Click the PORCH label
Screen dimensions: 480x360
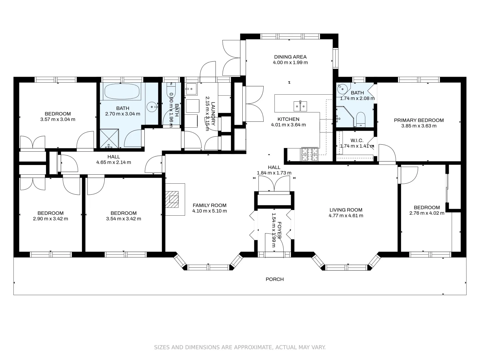tap(275, 279)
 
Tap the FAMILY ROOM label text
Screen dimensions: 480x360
tap(209, 205)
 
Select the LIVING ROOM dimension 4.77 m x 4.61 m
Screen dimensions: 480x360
tap(346, 216)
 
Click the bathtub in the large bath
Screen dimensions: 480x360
tap(122, 92)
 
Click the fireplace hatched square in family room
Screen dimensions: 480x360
tap(172, 199)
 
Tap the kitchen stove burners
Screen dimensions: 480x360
tap(310, 154)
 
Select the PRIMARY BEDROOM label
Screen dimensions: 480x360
tap(419, 120)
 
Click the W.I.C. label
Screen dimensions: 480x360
tap(357, 140)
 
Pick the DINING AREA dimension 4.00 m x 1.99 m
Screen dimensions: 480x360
tap(290, 63)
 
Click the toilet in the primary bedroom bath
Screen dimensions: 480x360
tap(361, 120)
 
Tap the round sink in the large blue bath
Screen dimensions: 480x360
tap(152, 107)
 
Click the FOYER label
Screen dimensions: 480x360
tap(279, 230)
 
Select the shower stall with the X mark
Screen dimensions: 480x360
tap(110, 139)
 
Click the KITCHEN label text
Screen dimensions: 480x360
tap(288, 119)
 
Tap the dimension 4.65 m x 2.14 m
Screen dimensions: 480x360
tap(113, 162)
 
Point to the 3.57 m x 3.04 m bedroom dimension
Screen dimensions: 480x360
tap(58, 119)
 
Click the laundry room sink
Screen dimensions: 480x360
tap(191, 89)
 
